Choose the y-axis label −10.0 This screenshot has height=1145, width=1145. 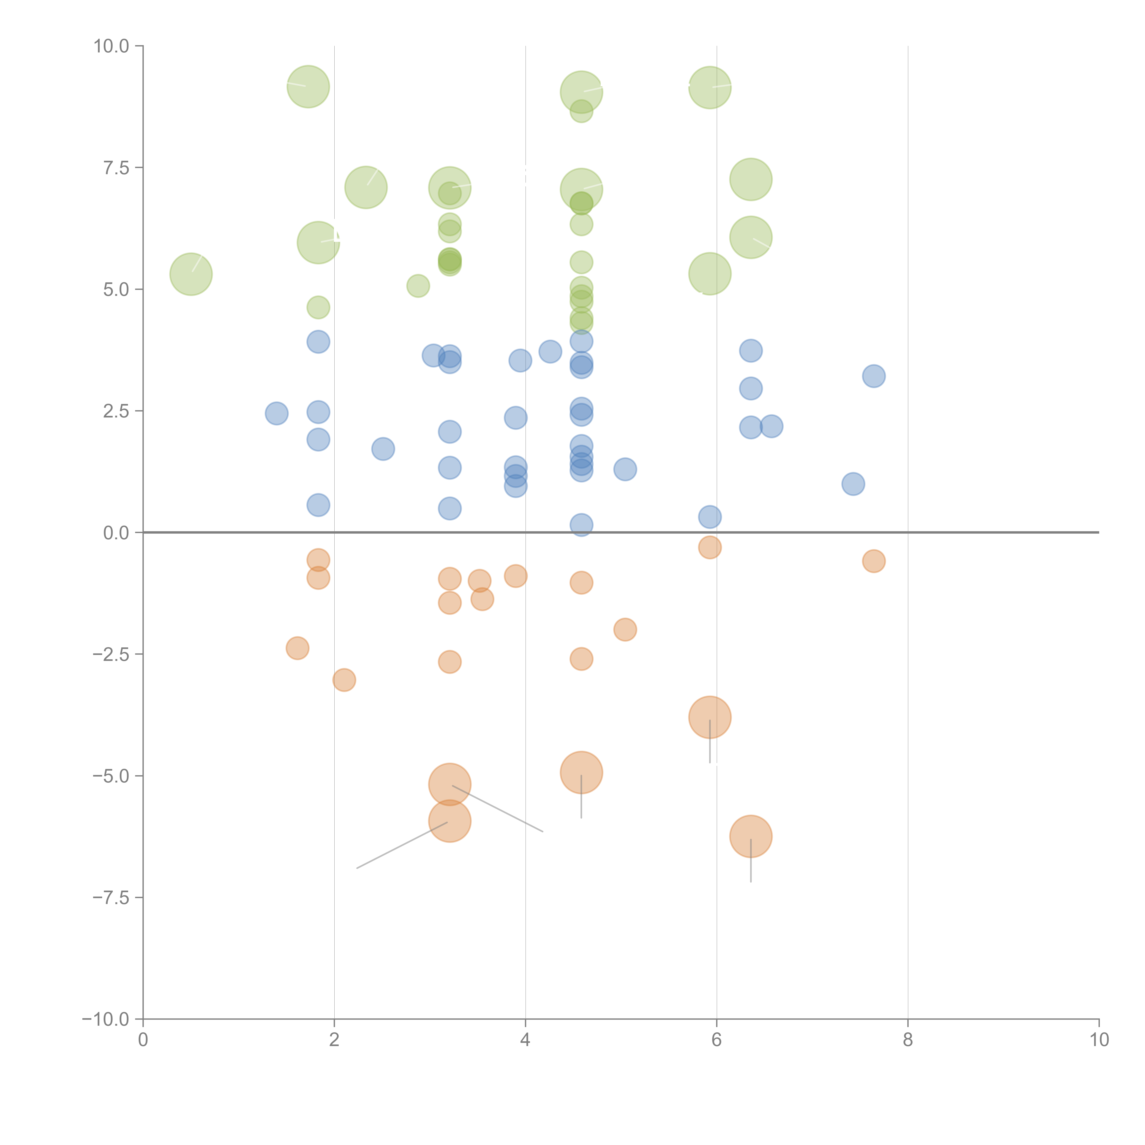pos(106,1019)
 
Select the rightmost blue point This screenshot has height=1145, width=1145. pos(874,376)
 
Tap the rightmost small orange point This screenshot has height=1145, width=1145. pos(874,561)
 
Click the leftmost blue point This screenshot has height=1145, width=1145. pos(276,413)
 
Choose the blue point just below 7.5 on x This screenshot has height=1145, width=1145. pos(853,484)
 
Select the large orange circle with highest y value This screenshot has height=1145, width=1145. pos(709,717)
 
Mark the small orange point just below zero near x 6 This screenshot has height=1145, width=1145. pos(709,547)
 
